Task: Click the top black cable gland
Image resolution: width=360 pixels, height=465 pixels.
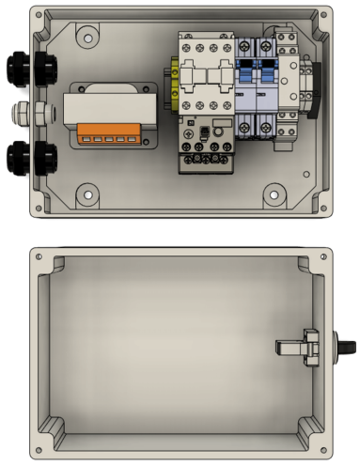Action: (32, 70)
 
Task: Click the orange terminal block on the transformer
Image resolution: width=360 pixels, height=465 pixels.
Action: (109, 135)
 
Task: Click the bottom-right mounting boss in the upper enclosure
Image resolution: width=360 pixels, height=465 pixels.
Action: (274, 194)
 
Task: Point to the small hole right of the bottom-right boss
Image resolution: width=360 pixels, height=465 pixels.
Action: (306, 174)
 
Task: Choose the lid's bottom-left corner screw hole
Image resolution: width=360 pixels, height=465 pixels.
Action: (39, 450)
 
